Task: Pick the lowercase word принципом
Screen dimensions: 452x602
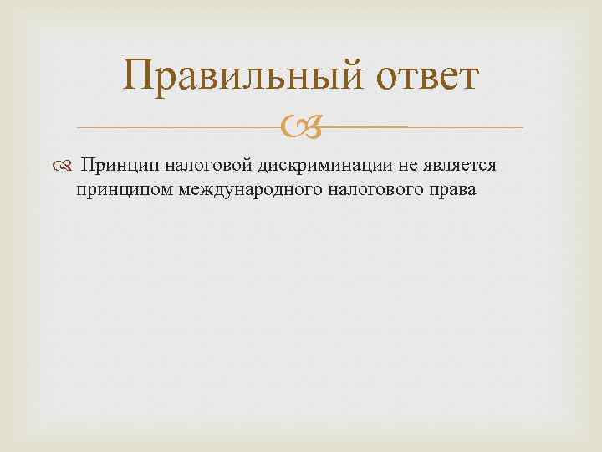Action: point(124,190)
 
